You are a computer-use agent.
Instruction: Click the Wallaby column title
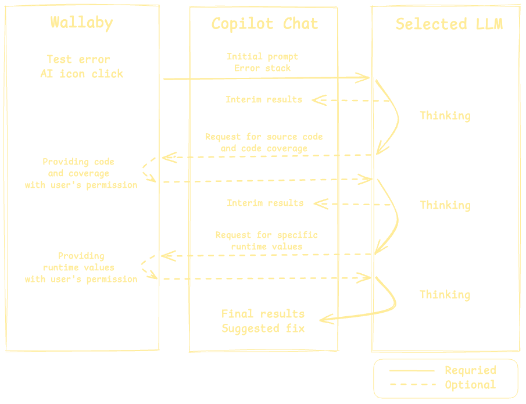[81, 23]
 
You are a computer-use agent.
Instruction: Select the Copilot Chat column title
[264, 24]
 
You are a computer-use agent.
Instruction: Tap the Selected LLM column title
[449, 24]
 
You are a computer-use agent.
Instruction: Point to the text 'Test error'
[78, 59]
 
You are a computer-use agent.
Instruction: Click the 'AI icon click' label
[81, 74]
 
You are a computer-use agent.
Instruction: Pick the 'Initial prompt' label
[262, 56]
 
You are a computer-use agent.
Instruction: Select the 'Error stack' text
[262, 68]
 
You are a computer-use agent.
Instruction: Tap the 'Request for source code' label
[264, 137]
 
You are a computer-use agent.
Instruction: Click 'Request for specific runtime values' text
[267, 241]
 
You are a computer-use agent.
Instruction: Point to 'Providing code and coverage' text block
[81, 173]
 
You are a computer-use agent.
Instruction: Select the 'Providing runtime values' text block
[81, 267]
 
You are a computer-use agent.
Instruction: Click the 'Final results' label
[263, 314]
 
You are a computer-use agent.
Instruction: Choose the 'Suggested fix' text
[263, 328]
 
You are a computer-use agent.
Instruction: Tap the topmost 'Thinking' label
[445, 116]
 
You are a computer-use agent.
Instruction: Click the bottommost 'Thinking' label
[445, 295]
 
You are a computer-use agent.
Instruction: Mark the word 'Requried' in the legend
[470, 370]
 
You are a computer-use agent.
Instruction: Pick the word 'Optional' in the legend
[470, 385]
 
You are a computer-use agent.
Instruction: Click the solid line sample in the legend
[412, 371]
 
